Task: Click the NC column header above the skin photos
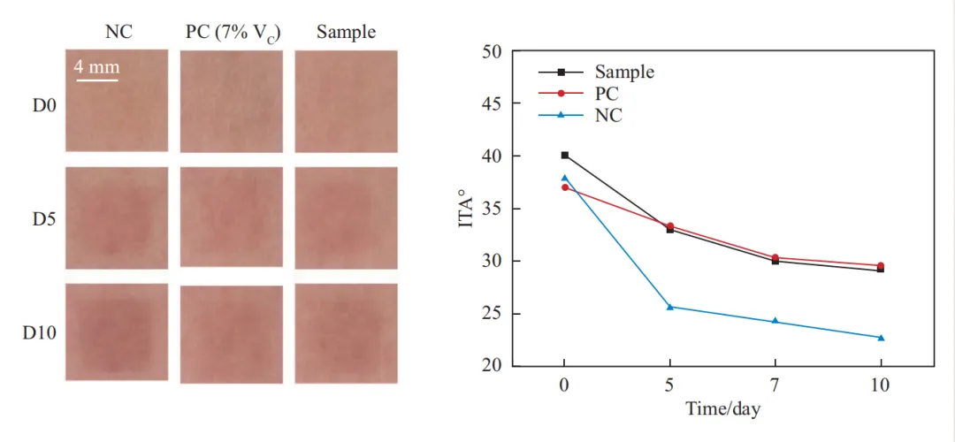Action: [118, 32]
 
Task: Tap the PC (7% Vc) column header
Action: [233, 33]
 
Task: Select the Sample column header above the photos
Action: [346, 33]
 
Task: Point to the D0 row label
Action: [44, 104]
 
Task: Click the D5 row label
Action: [44, 219]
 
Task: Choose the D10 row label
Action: [41, 333]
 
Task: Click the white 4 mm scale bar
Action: [96, 80]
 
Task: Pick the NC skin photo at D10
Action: [117, 331]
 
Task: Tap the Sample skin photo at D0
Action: [346, 101]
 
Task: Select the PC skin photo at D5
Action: [232, 217]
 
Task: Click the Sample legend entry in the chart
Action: [597, 72]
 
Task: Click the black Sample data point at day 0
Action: [564, 156]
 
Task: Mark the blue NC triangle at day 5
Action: [670, 307]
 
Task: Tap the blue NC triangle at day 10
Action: [881, 338]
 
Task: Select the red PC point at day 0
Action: [564, 187]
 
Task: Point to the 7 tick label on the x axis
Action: [775, 385]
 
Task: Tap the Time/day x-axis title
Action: [723, 408]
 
